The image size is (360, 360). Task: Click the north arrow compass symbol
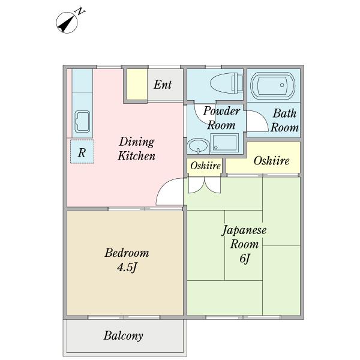click(x=67, y=23)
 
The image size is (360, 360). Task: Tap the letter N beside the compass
click(x=80, y=11)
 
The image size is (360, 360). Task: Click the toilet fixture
click(x=227, y=83)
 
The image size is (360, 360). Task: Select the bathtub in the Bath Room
click(x=273, y=85)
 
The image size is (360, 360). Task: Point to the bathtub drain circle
click(x=282, y=85)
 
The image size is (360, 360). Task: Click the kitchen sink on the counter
click(x=82, y=121)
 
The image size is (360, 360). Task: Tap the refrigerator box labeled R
click(x=82, y=152)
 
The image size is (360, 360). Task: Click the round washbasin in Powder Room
click(x=198, y=146)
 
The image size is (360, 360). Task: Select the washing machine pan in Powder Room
click(x=224, y=143)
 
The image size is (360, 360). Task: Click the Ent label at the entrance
click(x=163, y=85)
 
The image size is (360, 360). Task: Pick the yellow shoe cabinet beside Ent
click(x=137, y=85)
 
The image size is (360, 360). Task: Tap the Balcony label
click(x=123, y=335)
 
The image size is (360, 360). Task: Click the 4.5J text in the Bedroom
click(x=127, y=267)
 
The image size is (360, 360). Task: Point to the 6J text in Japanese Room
click(x=244, y=259)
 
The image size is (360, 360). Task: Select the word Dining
click(x=137, y=142)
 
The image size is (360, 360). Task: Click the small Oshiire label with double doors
click(x=205, y=166)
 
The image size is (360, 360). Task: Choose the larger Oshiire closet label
click(x=271, y=160)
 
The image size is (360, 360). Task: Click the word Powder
click(x=221, y=111)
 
